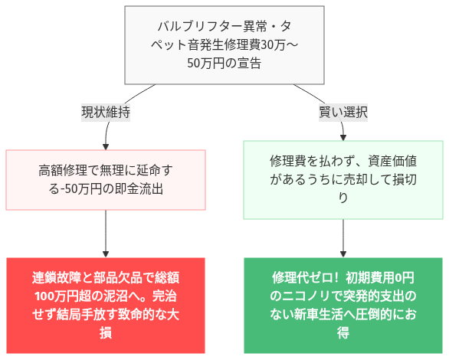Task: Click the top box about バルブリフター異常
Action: point(224,44)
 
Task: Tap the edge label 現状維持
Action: point(106,112)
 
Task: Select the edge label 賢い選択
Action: point(342,112)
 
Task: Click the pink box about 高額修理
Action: point(106,179)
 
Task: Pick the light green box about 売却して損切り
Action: point(342,179)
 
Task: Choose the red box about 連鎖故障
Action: point(106,305)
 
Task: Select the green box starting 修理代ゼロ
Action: point(342,305)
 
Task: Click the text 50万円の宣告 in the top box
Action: point(224,64)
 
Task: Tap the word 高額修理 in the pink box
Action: point(63,171)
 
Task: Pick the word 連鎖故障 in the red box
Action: point(57,277)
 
